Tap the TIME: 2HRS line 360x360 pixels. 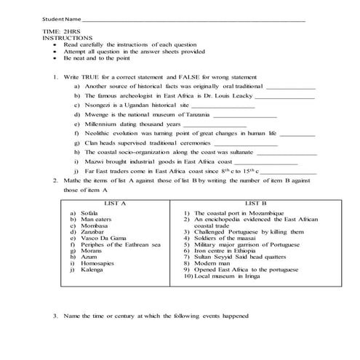tap(59, 33)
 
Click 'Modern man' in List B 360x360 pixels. tap(215, 263)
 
